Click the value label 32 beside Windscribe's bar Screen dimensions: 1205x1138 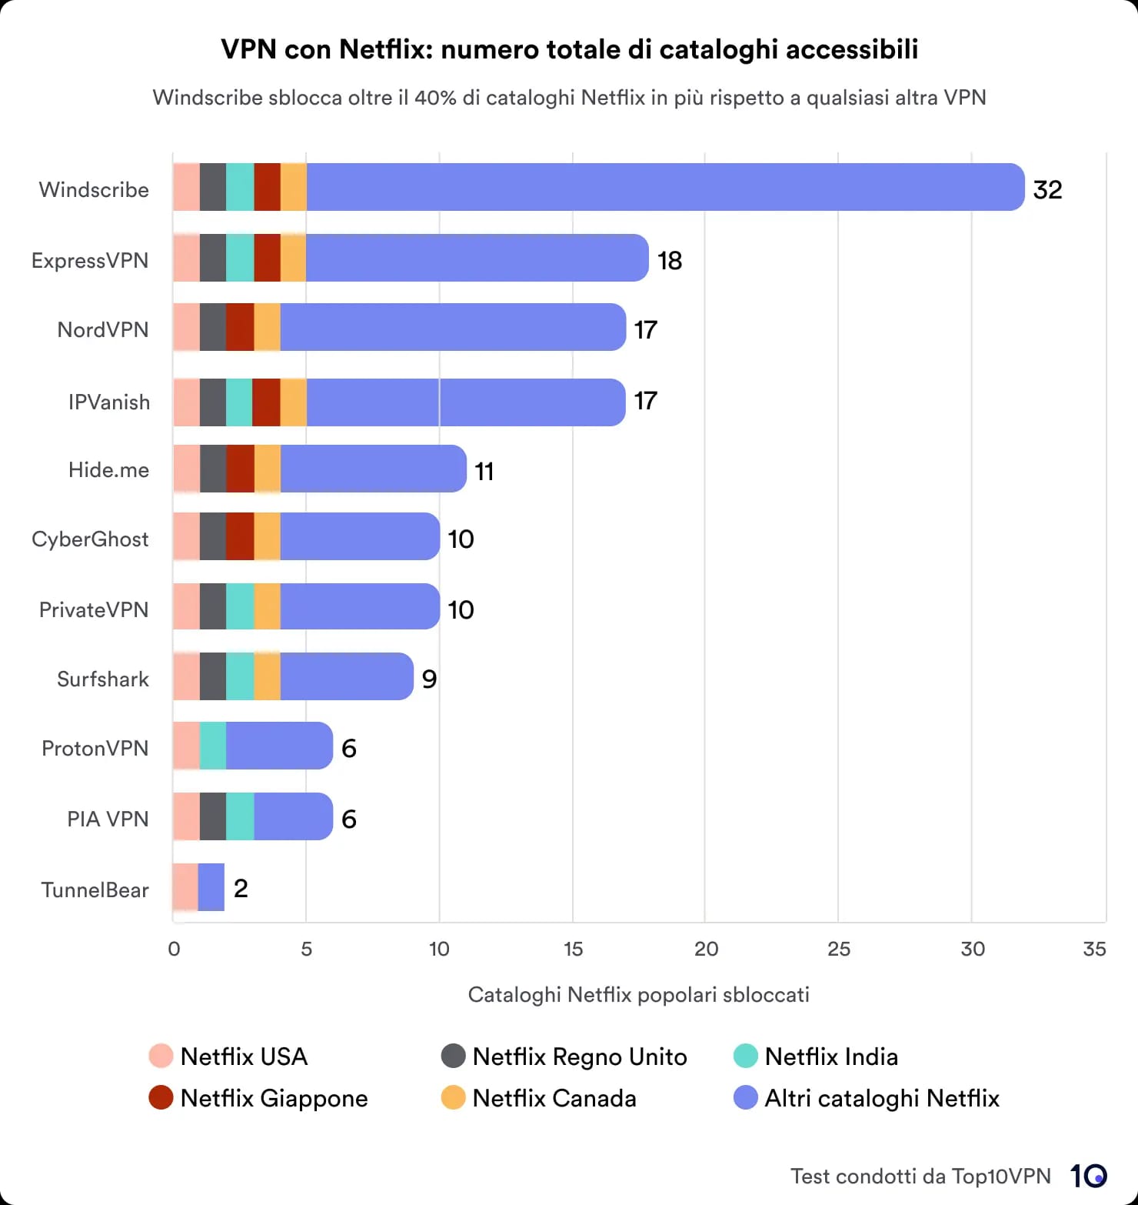point(1047,189)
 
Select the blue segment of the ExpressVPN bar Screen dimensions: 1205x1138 point(477,258)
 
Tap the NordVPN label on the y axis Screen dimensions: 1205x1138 point(103,329)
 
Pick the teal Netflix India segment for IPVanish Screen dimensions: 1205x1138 point(239,402)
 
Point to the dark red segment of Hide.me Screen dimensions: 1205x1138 point(240,469)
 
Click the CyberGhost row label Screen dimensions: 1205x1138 point(90,539)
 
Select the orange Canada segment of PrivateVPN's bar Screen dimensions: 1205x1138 point(267,606)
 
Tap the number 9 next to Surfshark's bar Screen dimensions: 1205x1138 point(429,679)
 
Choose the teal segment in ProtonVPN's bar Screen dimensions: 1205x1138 point(213,746)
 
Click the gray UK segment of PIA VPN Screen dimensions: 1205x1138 point(213,816)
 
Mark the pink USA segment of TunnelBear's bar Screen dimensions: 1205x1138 point(185,887)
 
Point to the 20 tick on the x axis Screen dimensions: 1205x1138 point(706,949)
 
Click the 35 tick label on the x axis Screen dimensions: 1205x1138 point(1093,949)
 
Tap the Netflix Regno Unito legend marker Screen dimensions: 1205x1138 point(454,1056)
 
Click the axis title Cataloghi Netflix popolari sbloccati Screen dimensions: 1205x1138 point(638,995)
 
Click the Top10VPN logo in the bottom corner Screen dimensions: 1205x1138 point(1088,1176)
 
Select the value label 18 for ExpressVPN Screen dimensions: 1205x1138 point(670,261)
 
